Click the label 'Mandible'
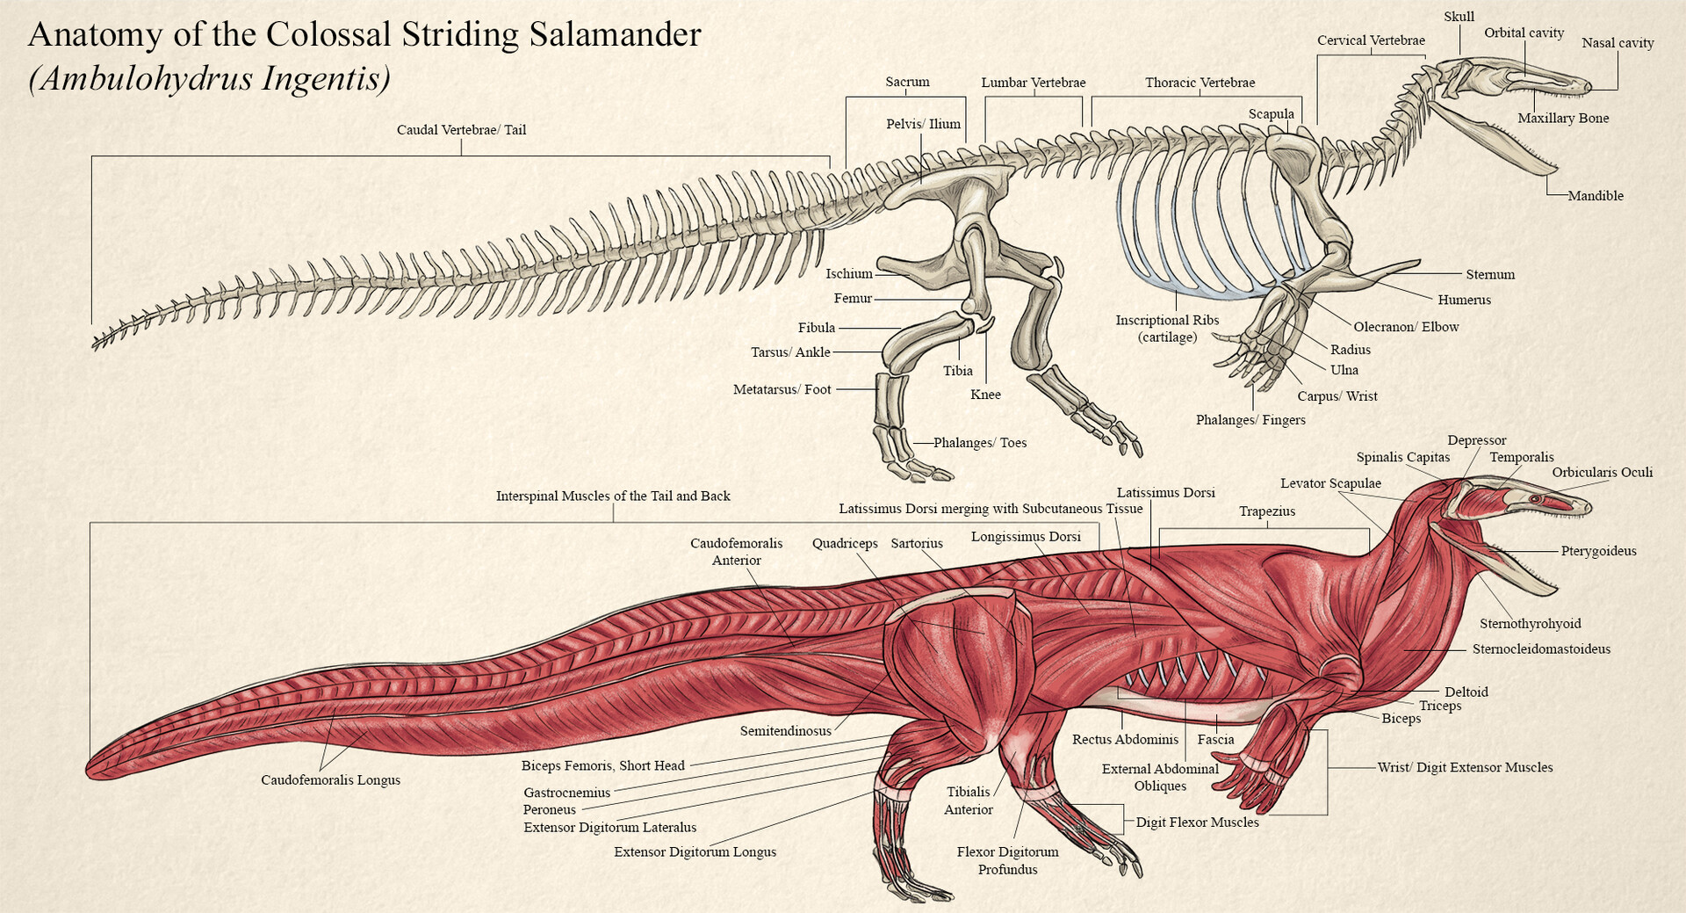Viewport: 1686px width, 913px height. click(x=1596, y=196)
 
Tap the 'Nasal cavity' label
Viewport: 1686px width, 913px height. click(x=1618, y=43)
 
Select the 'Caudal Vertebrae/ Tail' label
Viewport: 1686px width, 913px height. click(x=461, y=130)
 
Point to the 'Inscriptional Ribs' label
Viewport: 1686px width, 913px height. click(x=1167, y=321)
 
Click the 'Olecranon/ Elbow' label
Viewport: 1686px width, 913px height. click(x=1406, y=327)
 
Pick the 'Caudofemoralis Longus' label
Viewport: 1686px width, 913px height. click(x=330, y=780)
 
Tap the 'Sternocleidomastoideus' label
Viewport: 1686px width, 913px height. click(x=1541, y=649)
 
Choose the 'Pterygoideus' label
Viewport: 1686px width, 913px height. click(x=1598, y=552)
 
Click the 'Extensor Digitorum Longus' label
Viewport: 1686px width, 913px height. click(x=695, y=852)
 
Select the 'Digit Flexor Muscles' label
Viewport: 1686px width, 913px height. click(x=1197, y=822)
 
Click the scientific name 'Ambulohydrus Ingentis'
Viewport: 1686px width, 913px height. click(x=209, y=79)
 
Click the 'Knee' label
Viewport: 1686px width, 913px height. click(x=985, y=395)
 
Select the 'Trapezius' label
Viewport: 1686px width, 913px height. click(x=1266, y=511)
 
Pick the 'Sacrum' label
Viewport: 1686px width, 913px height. click(x=907, y=83)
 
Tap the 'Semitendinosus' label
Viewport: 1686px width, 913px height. click(x=785, y=731)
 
